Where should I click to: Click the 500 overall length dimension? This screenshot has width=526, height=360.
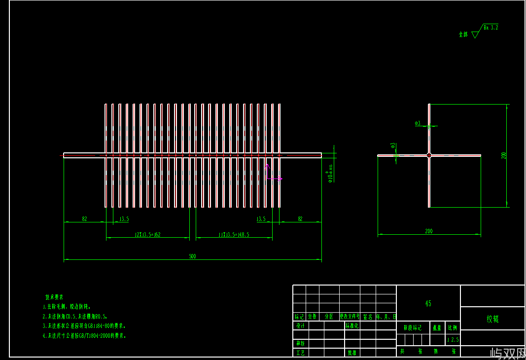click(x=192, y=256)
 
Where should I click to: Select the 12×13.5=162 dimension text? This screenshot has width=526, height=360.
click(x=147, y=235)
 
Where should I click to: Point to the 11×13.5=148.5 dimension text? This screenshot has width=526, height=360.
click(x=234, y=235)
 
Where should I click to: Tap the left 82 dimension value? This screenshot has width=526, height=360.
click(x=84, y=218)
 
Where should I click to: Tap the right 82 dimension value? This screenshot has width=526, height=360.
click(x=300, y=218)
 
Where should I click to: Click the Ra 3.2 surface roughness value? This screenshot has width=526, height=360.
click(x=491, y=28)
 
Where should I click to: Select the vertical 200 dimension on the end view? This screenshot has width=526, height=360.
click(x=504, y=155)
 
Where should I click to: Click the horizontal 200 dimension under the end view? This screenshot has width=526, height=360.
click(x=428, y=231)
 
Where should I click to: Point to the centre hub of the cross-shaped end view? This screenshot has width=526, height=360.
click(x=429, y=155)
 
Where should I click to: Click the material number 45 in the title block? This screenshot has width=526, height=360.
click(x=428, y=304)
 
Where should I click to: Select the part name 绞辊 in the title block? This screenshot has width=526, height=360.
click(x=492, y=319)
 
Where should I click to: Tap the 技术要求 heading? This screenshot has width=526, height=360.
click(x=54, y=297)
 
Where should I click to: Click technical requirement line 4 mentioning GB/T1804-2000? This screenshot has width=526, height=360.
click(x=84, y=336)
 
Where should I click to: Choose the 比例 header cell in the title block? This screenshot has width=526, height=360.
click(x=452, y=327)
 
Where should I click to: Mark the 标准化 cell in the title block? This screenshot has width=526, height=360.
click(x=352, y=326)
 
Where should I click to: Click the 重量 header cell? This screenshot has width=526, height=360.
click(x=437, y=327)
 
